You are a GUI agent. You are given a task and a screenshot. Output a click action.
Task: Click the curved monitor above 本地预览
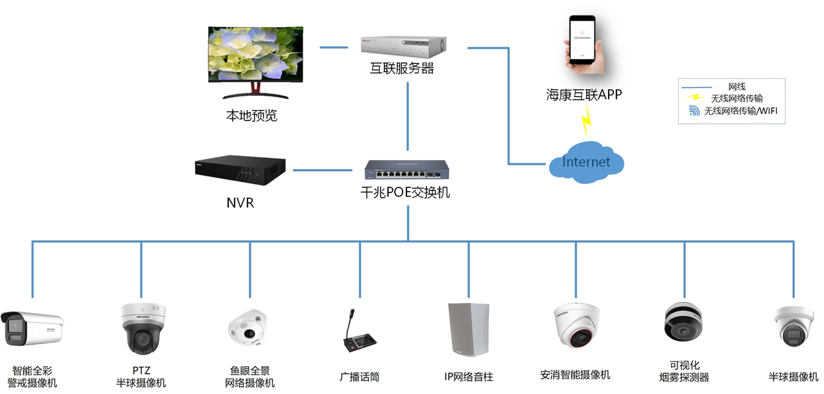click(x=255, y=56)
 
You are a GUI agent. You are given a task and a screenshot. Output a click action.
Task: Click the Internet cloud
click(x=586, y=162)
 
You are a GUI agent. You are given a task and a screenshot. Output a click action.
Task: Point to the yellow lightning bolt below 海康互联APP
click(x=587, y=120)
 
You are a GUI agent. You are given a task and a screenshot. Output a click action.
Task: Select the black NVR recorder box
click(x=240, y=170)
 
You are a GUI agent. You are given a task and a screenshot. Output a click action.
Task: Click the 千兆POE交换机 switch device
click(x=406, y=170)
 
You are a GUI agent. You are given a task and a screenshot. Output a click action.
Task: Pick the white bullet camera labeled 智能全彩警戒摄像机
click(x=32, y=329)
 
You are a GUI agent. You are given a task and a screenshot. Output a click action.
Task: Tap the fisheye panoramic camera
click(x=247, y=329)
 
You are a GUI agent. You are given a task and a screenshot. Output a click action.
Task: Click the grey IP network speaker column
click(x=468, y=329)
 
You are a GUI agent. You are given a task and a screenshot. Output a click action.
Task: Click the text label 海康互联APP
click(x=583, y=95)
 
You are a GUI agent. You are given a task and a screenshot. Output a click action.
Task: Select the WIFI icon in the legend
click(x=694, y=111)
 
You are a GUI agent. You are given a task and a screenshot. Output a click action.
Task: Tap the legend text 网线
click(x=737, y=87)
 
